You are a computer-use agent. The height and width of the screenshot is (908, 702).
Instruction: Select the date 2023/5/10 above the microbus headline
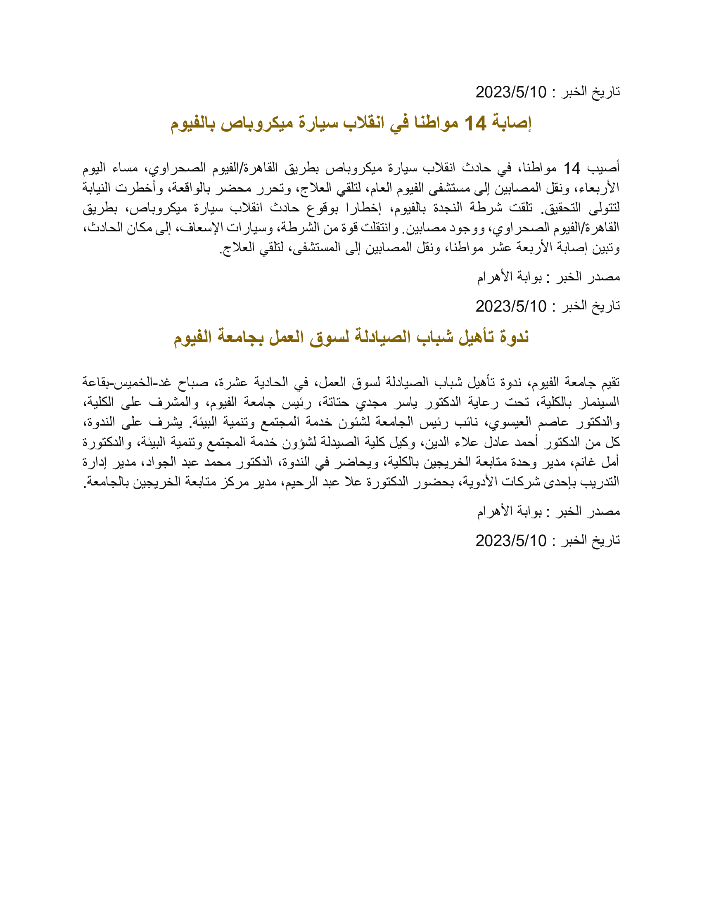click(x=511, y=92)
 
